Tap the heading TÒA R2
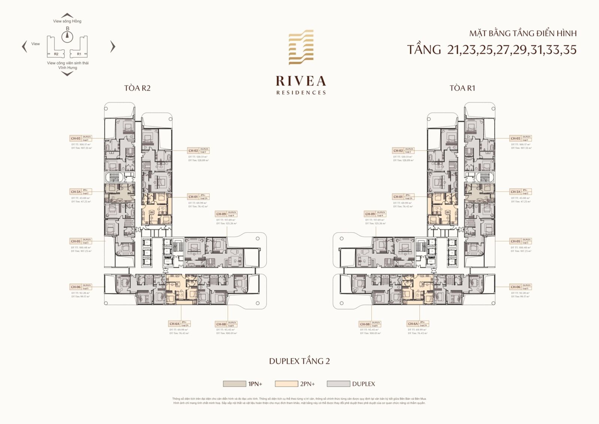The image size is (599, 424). [137, 88]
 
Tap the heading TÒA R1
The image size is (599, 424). [462, 88]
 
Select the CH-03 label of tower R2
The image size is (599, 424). [76, 138]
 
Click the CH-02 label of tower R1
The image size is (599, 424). [398, 151]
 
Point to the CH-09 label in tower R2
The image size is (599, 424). [221, 214]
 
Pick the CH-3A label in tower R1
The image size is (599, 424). [516, 192]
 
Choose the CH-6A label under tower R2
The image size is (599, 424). [174, 324]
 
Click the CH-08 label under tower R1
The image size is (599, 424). [365, 324]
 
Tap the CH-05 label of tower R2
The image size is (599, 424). [76, 241]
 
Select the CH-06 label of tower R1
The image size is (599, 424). [516, 287]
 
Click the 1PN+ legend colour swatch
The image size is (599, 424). [234, 384]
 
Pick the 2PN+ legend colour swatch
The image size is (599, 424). [286, 384]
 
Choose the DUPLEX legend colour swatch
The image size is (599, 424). [338, 384]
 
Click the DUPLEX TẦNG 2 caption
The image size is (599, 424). [299, 361]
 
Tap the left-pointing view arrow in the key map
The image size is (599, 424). [25, 46]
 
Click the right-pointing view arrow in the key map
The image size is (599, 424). [113, 46]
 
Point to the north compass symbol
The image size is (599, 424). [67, 35]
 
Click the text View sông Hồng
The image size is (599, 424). [67, 21]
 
